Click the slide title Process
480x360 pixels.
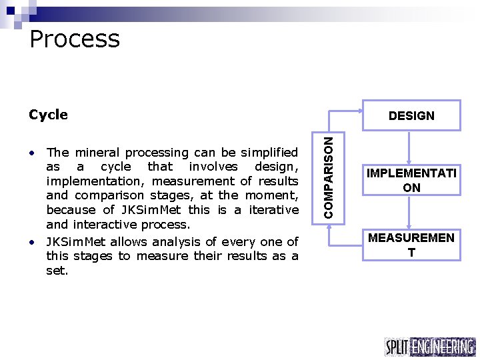click(75, 39)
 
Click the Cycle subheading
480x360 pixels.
click(48, 115)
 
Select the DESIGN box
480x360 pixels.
click(411, 115)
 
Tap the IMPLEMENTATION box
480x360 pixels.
click(411, 181)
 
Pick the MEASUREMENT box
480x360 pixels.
click(411, 244)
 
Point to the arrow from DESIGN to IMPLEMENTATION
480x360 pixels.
click(411, 147)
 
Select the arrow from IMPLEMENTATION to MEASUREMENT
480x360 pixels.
click(411, 212)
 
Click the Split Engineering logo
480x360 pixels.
click(430, 347)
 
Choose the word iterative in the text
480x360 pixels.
click(275, 210)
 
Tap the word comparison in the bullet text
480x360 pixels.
click(101, 195)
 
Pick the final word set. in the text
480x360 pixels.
click(57, 271)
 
